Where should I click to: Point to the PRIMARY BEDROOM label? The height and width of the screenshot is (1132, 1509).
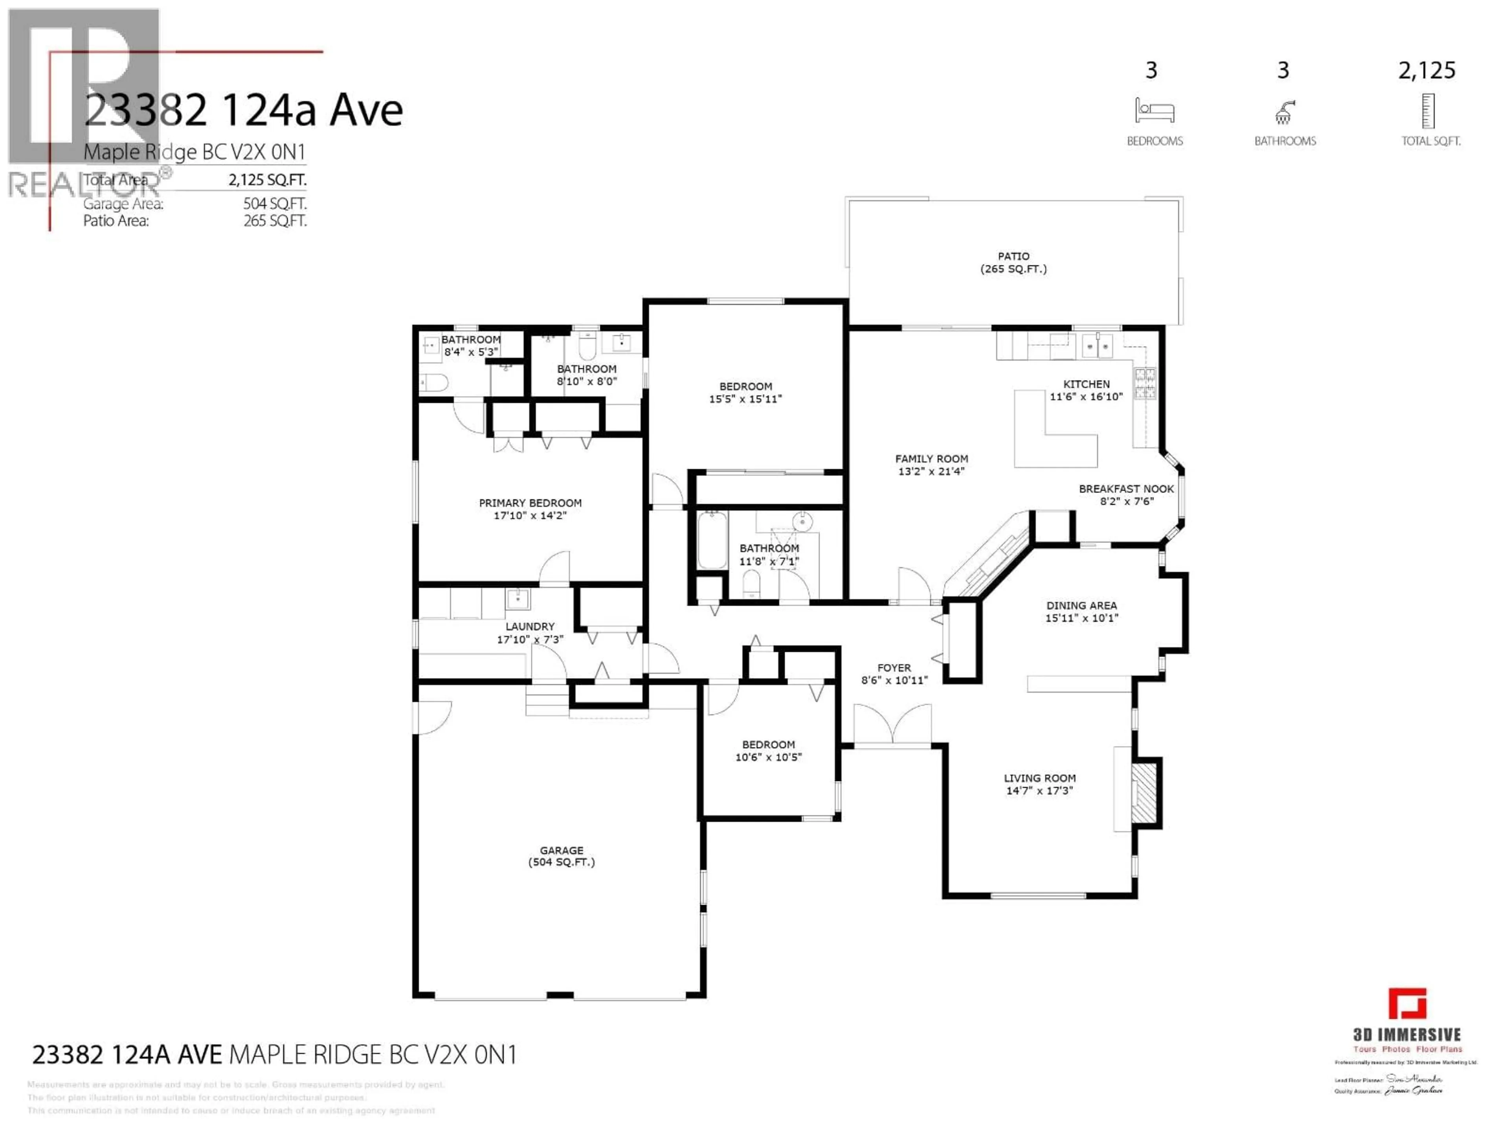(530, 503)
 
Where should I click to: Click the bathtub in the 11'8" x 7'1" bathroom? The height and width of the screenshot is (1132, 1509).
(712, 540)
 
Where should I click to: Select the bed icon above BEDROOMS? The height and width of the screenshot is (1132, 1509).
(1154, 110)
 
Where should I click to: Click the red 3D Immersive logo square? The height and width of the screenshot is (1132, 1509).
(1407, 1004)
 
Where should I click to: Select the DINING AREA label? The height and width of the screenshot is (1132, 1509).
(1081, 605)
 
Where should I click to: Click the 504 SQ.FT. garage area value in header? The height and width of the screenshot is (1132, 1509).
(275, 203)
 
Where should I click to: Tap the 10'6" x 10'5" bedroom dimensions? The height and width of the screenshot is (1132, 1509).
(768, 757)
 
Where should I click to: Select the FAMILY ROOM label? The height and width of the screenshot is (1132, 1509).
(931, 459)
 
